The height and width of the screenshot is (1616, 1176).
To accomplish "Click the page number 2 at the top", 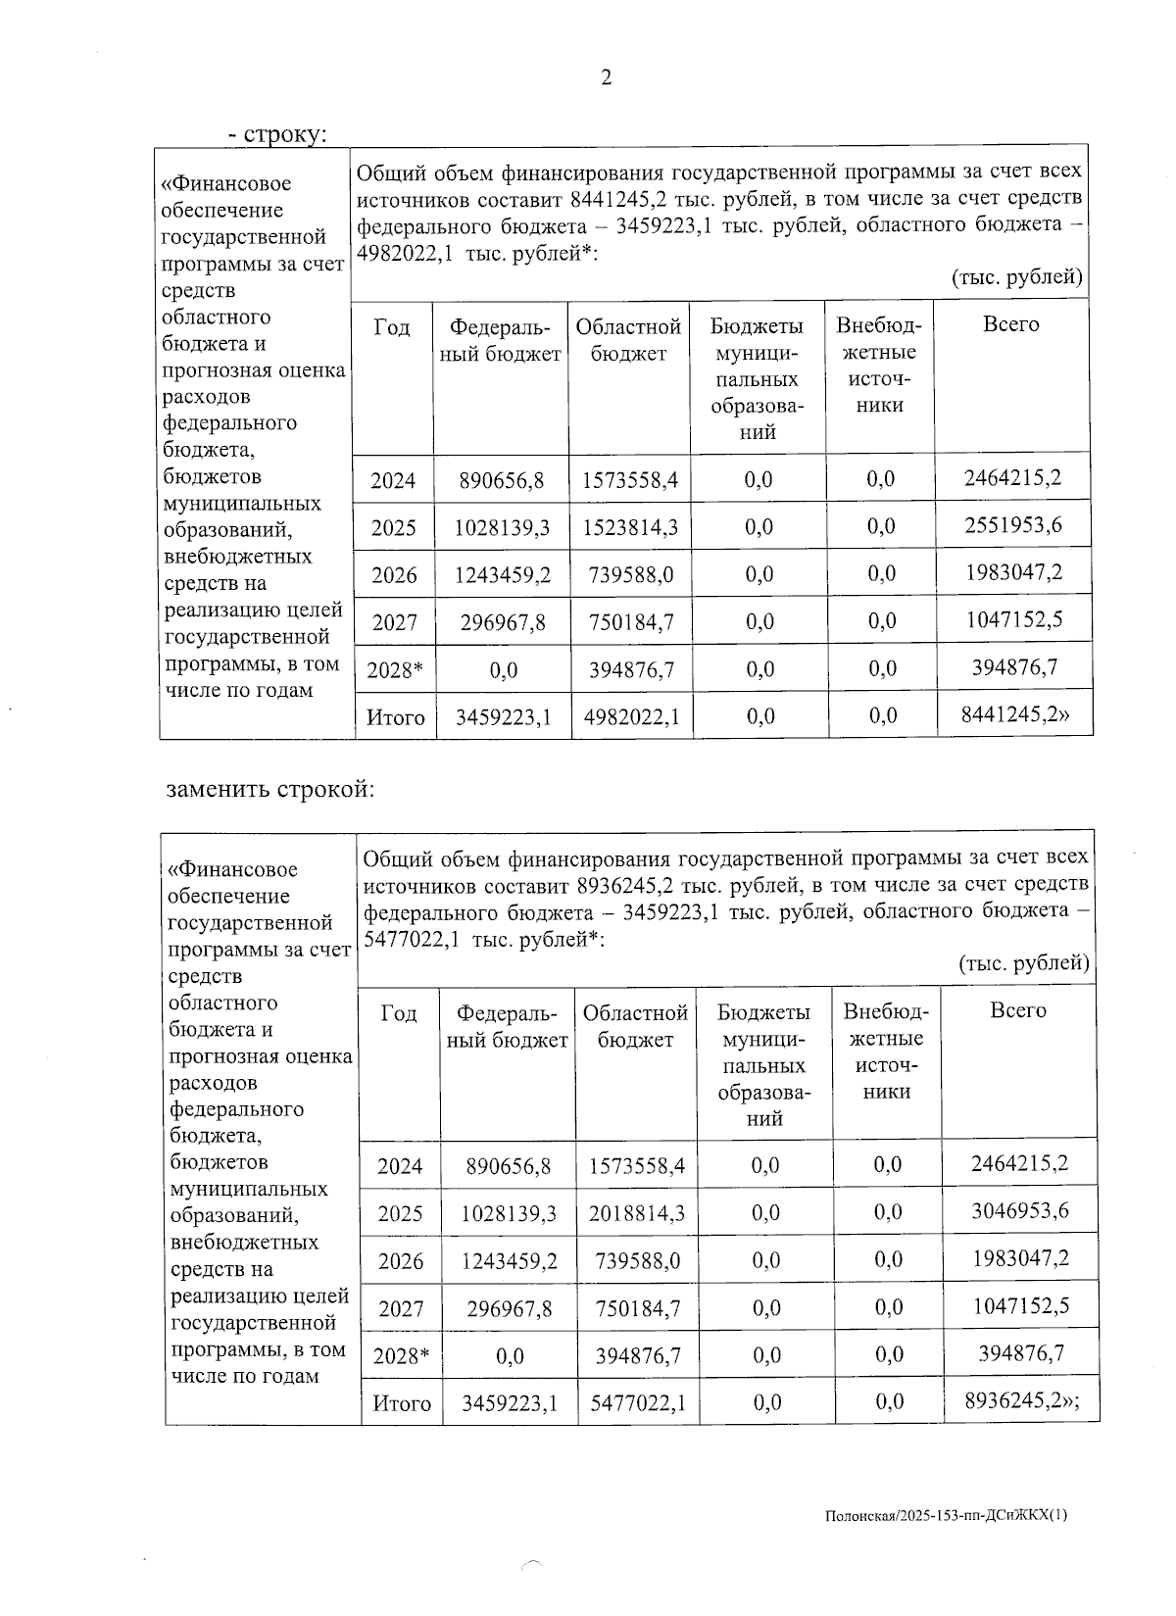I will (x=606, y=78).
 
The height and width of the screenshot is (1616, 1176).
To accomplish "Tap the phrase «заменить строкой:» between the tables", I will (x=269, y=789).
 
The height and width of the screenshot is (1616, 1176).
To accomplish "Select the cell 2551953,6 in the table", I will (x=1013, y=526).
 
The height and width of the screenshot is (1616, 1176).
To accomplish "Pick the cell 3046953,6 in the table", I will (x=1019, y=1211).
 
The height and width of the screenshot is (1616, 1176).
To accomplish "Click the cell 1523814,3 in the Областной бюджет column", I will (x=629, y=528).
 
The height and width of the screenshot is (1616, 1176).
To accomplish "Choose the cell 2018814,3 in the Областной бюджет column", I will (x=636, y=1213).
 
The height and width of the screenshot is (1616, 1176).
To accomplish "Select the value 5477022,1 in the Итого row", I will (x=638, y=1403).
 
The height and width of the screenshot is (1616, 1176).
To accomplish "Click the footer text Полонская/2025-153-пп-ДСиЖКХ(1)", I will (x=946, y=1515).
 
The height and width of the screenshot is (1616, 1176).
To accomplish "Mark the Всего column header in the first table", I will (x=1010, y=324).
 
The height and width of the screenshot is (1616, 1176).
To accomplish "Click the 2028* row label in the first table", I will (x=393, y=670).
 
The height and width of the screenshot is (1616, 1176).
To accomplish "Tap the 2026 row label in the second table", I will (x=400, y=1260).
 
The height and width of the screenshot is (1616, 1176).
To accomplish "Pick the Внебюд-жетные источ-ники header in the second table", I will (x=886, y=1052).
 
